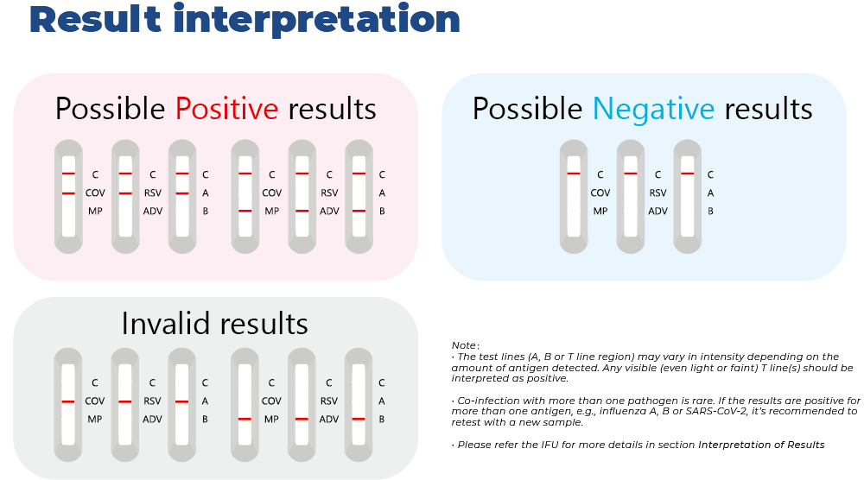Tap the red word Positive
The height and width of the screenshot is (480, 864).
(226, 109)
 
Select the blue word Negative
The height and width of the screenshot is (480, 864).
(653, 109)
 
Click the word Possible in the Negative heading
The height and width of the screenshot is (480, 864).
(527, 109)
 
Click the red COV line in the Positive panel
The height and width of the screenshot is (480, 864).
(68, 193)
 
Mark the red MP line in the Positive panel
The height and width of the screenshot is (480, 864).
(245, 212)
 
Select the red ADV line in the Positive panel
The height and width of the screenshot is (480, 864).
(302, 212)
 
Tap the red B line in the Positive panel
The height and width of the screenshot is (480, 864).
(359, 212)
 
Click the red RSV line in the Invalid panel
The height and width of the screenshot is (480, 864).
(125, 401)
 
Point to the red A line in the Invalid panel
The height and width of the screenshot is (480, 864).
(181, 401)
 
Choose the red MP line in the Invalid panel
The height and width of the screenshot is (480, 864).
(245, 420)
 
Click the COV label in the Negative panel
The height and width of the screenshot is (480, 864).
(600, 193)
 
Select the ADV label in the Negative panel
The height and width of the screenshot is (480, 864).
(658, 211)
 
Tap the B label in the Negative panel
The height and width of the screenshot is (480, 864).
(711, 211)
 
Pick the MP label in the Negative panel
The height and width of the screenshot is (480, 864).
(600, 211)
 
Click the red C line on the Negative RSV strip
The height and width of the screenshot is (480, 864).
(631, 174)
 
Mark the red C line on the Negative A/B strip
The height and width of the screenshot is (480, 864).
(687, 174)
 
